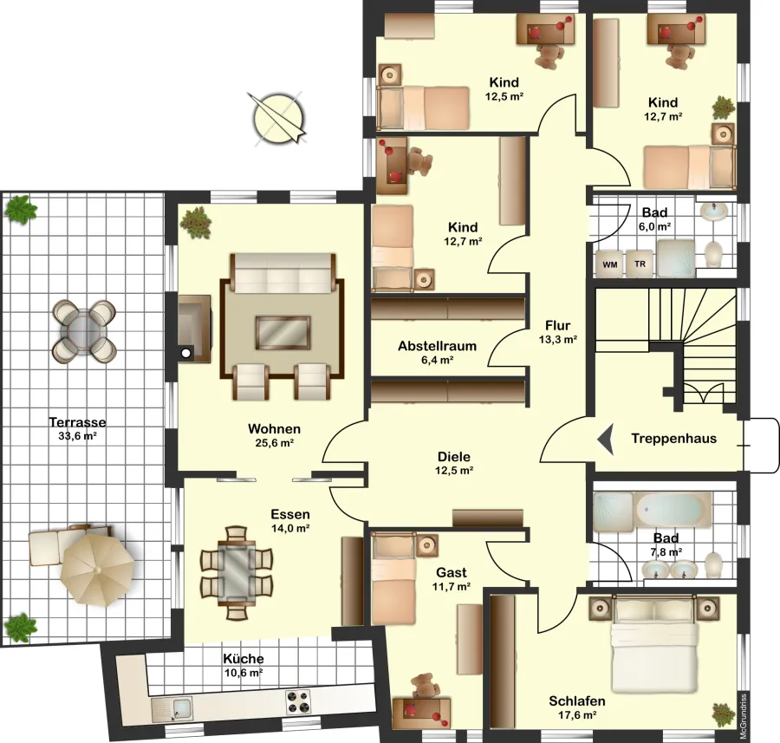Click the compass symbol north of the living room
point(278,119)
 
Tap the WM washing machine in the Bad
point(609,264)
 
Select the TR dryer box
point(640,264)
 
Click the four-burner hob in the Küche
point(298,701)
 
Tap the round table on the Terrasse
point(84,331)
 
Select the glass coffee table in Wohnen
point(283,333)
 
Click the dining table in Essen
point(237,572)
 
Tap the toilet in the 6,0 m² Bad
point(713,254)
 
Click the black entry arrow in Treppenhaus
point(606,439)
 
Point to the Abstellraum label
point(438,346)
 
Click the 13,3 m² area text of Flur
point(557,340)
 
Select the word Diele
point(453,457)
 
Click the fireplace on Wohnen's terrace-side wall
point(195,329)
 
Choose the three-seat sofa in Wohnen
point(283,273)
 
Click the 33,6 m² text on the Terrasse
point(77,436)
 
